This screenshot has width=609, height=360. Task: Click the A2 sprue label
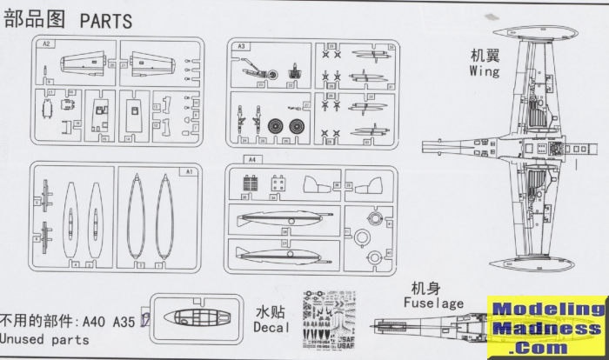pos(47,43)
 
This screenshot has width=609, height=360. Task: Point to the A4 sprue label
pos(253,160)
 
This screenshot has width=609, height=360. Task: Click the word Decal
pos(271,327)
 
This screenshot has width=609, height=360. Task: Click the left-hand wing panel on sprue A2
pos(81,63)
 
